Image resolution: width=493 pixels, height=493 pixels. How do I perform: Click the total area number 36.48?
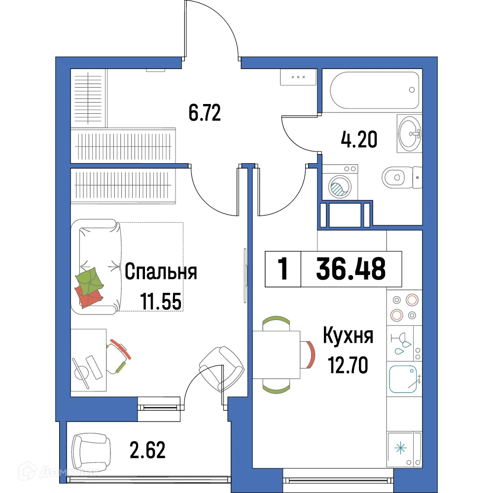coord(351,269)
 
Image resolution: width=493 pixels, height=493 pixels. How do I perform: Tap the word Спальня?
coord(161,272)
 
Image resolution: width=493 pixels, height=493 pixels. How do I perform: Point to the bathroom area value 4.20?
coord(359,140)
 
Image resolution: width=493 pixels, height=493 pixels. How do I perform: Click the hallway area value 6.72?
coord(204,113)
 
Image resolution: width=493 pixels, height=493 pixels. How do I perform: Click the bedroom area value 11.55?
coord(161,301)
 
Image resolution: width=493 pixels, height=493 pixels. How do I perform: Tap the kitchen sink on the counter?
coord(403,379)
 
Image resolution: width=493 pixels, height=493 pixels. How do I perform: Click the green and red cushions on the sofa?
coord(89,288)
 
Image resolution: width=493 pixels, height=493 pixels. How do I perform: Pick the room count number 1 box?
coord(283,270)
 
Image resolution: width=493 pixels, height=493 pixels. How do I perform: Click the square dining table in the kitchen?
coord(276,355)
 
